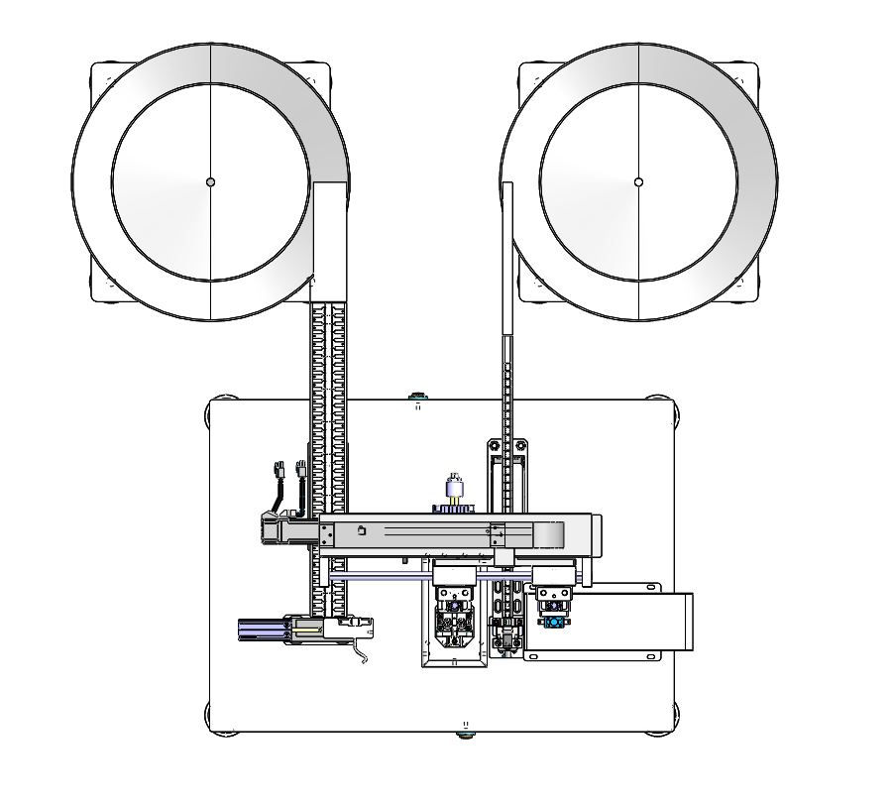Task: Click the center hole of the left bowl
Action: tap(210, 181)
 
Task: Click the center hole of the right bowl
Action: tap(638, 181)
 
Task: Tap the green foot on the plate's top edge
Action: tap(417, 402)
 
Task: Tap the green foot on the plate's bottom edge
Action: tap(463, 734)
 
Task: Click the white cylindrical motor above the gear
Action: tap(455, 487)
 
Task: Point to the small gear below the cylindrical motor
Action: tap(454, 509)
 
